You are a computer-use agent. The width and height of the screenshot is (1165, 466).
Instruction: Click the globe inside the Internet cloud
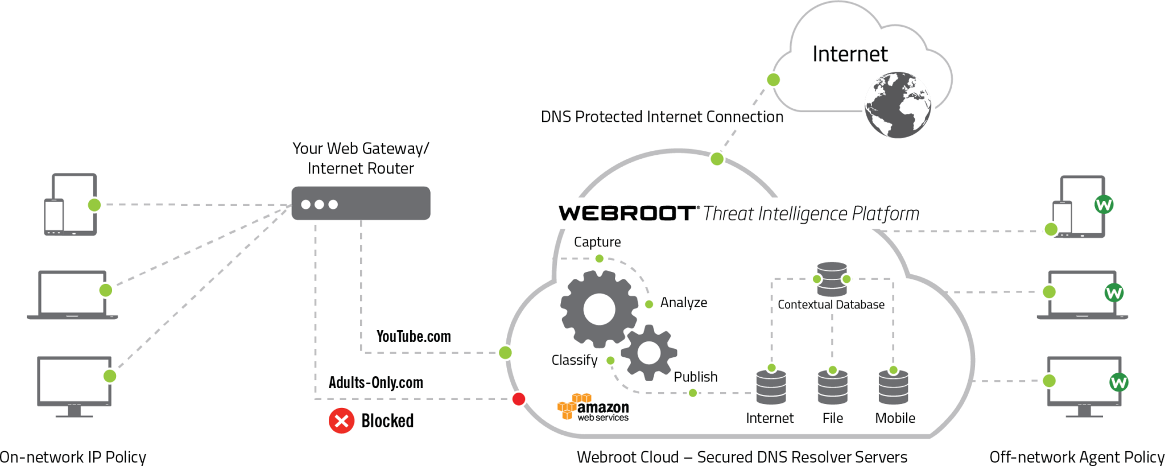[898, 105]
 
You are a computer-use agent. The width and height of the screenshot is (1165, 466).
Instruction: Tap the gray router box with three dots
[361, 203]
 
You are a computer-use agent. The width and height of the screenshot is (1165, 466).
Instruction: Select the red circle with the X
[341, 421]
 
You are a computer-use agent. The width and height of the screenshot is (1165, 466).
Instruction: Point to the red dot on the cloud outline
[518, 399]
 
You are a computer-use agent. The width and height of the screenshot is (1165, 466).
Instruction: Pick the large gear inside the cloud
[599, 309]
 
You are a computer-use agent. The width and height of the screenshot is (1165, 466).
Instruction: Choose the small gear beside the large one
[649, 353]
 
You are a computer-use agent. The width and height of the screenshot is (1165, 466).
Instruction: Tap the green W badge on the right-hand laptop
[1114, 293]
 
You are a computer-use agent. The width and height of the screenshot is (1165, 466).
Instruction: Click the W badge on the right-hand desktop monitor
[1118, 382]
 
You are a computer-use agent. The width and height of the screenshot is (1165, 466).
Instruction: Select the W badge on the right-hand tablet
[1104, 204]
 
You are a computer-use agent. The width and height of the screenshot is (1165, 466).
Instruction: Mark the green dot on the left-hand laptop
[106, 290]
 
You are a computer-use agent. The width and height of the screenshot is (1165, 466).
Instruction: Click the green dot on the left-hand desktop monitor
[110, 376]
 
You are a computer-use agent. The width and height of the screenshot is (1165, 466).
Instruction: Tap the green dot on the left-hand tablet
[94, 205]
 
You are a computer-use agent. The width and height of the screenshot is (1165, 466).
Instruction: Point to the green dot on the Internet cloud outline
[773, 80]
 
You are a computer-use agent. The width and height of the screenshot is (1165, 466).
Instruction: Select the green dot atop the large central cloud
[717, 159]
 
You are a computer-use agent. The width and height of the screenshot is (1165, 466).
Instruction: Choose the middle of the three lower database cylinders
[832, 388]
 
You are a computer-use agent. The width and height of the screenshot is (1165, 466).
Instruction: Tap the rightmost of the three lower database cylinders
[893, 388]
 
